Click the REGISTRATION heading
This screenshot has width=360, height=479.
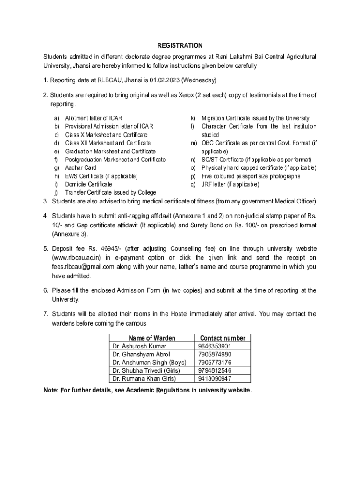click(180, 45)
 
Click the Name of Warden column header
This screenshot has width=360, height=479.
click(152, 338)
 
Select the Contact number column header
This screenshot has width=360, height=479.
click(222, 338)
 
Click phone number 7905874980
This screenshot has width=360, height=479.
click(215, 355)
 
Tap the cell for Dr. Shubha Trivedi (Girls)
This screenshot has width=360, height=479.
click(146, 370)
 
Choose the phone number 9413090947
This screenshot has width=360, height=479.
click(215, 379)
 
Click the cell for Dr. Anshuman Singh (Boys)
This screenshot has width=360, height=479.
click(149, 363)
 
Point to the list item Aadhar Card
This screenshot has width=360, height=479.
click(80, 167)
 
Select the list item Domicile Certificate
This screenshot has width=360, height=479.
click(88, 184)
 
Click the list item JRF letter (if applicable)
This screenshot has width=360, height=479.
click(230, 184)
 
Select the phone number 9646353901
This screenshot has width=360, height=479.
click(215, 346)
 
